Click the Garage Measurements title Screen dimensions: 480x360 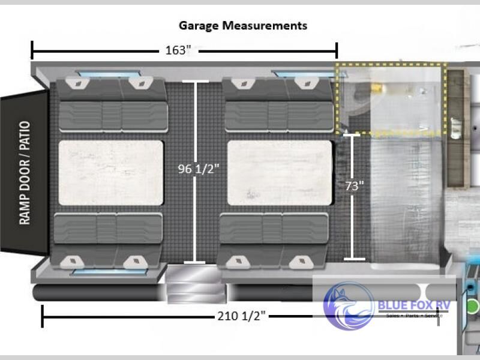(243, 26)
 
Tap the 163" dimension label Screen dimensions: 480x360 (178, 50)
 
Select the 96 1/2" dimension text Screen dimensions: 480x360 (199, 169)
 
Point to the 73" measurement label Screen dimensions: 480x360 (355, 186)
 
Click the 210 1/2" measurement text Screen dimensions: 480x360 (241, 316)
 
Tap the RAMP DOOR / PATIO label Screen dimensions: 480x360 (25, 173)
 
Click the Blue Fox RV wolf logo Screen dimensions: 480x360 (349, 305)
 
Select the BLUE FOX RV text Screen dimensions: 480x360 (414, 305)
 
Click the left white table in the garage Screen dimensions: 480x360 (110, 173)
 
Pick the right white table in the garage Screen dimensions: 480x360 (280, 173)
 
